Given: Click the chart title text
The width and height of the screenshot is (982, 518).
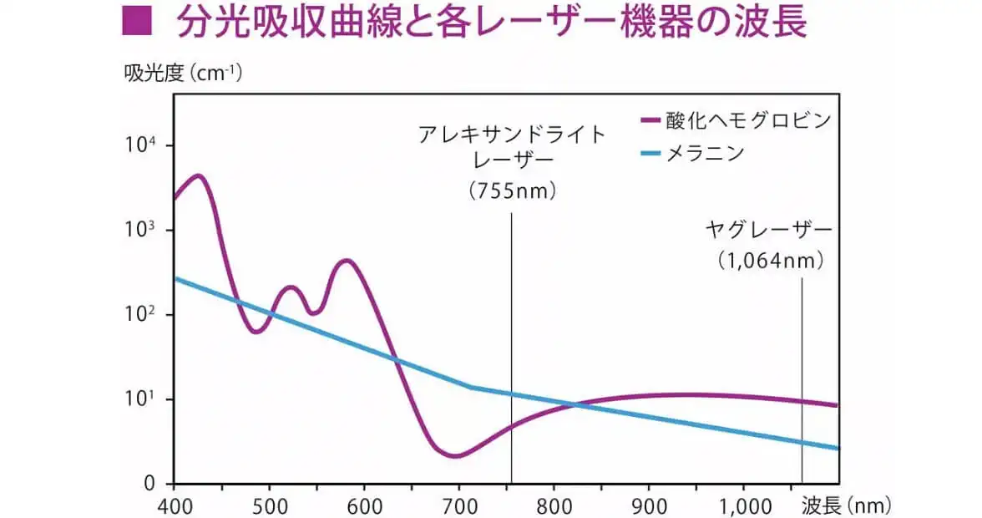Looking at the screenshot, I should [491, 23].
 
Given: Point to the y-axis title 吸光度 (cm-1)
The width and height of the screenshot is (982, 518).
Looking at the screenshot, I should [183, 74].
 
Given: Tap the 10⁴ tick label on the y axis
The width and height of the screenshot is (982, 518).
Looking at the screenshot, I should [141, 145].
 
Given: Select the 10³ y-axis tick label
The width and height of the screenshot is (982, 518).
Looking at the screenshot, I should [141, 230].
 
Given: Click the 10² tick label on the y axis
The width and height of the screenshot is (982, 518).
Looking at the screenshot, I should [141, 314].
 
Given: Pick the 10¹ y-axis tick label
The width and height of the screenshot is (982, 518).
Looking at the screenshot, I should [141, 399].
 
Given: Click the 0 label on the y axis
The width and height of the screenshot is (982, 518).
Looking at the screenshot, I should [149, 483].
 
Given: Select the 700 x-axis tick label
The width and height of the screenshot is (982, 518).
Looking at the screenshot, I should [458, 505].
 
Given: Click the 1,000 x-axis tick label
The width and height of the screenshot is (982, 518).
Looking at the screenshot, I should [743, 505].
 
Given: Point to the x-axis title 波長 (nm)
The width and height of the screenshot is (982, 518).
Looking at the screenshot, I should [845, 505].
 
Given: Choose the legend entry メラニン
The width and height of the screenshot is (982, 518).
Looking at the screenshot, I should [704, 153].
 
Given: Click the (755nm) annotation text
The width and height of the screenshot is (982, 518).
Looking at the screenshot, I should [512, 191].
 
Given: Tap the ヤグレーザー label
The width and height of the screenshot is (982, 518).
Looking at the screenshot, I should [768, 230].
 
